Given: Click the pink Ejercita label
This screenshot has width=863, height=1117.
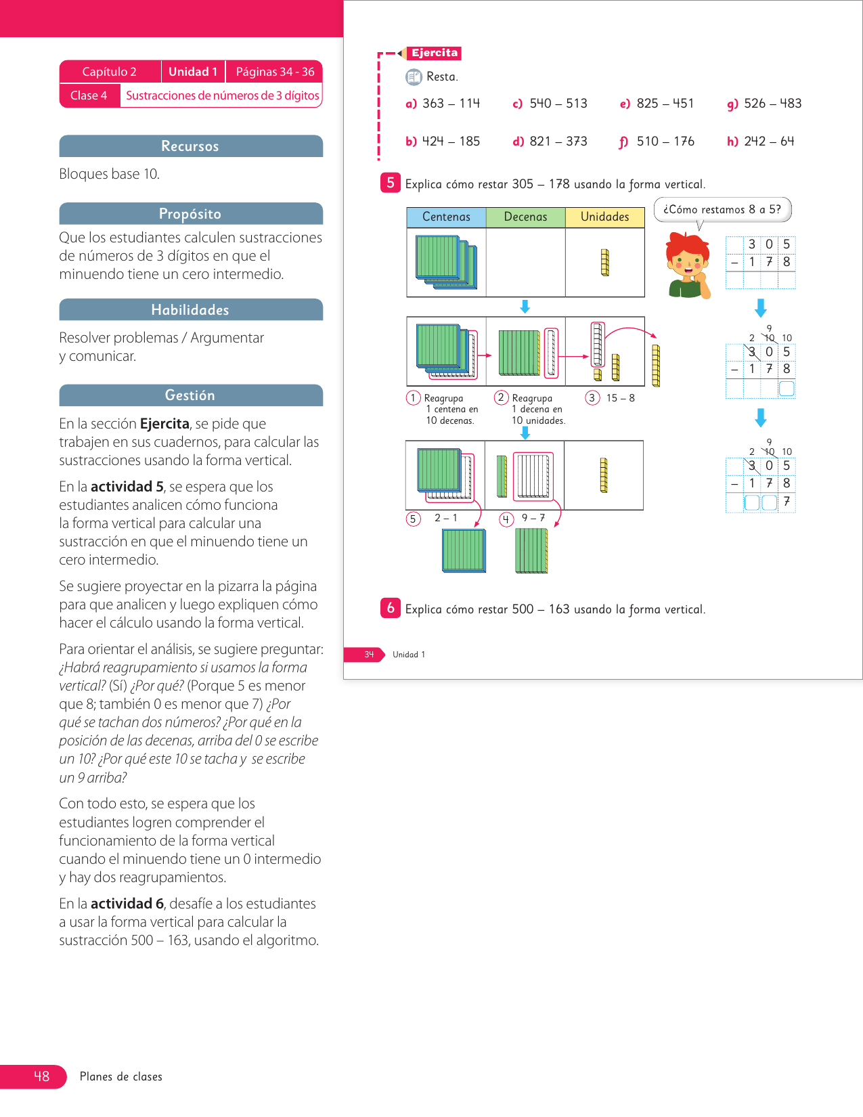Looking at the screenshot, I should point(435,53).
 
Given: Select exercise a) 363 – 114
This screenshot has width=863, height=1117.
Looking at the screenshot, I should point(443,104).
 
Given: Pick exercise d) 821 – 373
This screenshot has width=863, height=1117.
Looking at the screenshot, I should point(550,141).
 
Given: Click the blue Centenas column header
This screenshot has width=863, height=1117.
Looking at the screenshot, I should point(446,217).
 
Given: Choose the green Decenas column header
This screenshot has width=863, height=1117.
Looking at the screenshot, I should point(525,217).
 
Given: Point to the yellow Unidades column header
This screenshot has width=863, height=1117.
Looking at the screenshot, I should point(604,217).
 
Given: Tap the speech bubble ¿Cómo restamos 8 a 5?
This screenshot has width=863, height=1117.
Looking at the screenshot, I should point(722,210).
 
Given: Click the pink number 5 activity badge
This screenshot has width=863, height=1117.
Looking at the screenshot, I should point(391,183).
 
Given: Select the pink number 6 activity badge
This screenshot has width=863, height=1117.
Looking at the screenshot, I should point(391,608).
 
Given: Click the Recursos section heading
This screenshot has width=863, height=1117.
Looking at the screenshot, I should point(190,146).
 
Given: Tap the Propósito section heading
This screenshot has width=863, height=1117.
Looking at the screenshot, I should point(190,214).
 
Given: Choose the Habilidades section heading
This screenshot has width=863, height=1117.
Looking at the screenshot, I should point(190,310).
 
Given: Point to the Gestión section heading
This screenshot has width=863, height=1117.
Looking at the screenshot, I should point(190,395).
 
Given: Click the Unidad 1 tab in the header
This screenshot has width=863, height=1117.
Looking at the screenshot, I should point(193,72).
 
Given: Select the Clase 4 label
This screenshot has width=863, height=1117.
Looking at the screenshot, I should point(89,95).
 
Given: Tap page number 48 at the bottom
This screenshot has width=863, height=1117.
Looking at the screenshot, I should point(41,1076).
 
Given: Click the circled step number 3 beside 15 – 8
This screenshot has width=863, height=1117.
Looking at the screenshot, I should point(592,398).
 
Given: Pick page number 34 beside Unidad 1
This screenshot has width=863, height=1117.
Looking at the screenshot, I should point(369,655).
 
